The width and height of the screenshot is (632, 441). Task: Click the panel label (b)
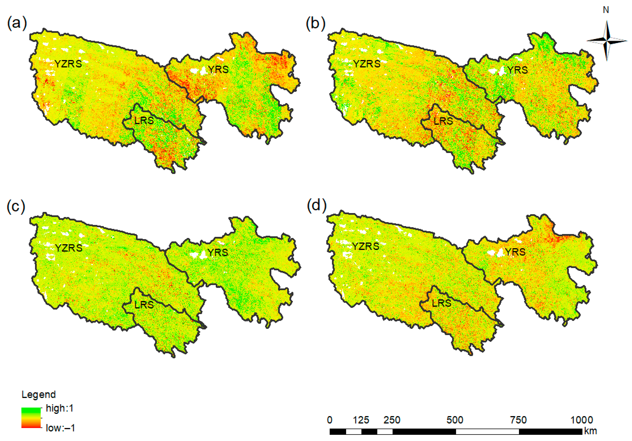click(x=315, y=23)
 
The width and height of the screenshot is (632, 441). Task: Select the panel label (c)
click(x=16, y=206)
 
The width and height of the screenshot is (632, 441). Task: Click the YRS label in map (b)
click(x=517, y=70)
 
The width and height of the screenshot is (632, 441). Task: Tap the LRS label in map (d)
click(x=442, y=303)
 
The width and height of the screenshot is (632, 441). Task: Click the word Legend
click(x=39, y=394)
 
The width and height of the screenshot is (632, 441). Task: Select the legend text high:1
click(x=60, y=408)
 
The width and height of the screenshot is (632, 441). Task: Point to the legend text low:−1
click(x=60, y=428)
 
